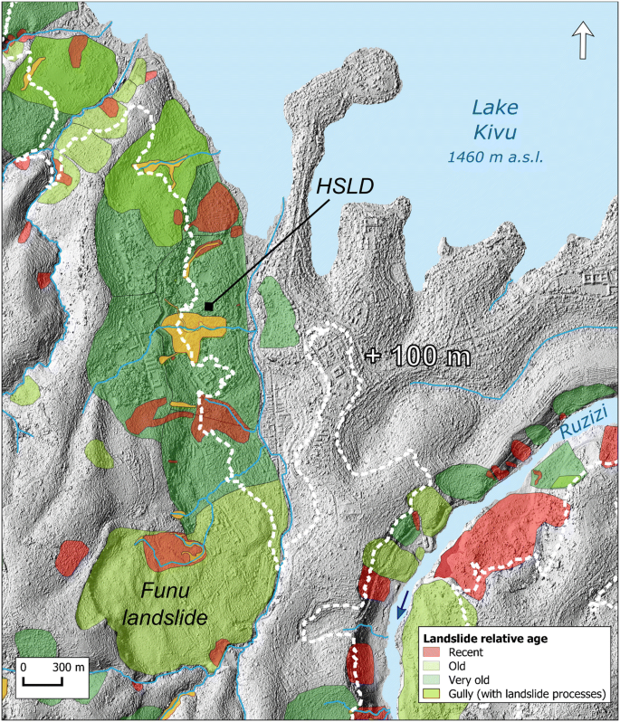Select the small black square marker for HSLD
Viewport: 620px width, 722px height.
(x=209, y=308)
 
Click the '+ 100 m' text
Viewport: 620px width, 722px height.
(x=418, y=356)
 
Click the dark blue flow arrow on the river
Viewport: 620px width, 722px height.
(x=402, y=600)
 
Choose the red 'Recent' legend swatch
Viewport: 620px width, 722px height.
(x=439, y=652)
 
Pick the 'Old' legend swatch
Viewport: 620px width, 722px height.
(x=439, y=666)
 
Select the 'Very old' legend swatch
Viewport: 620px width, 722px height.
(x=439, y=680)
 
